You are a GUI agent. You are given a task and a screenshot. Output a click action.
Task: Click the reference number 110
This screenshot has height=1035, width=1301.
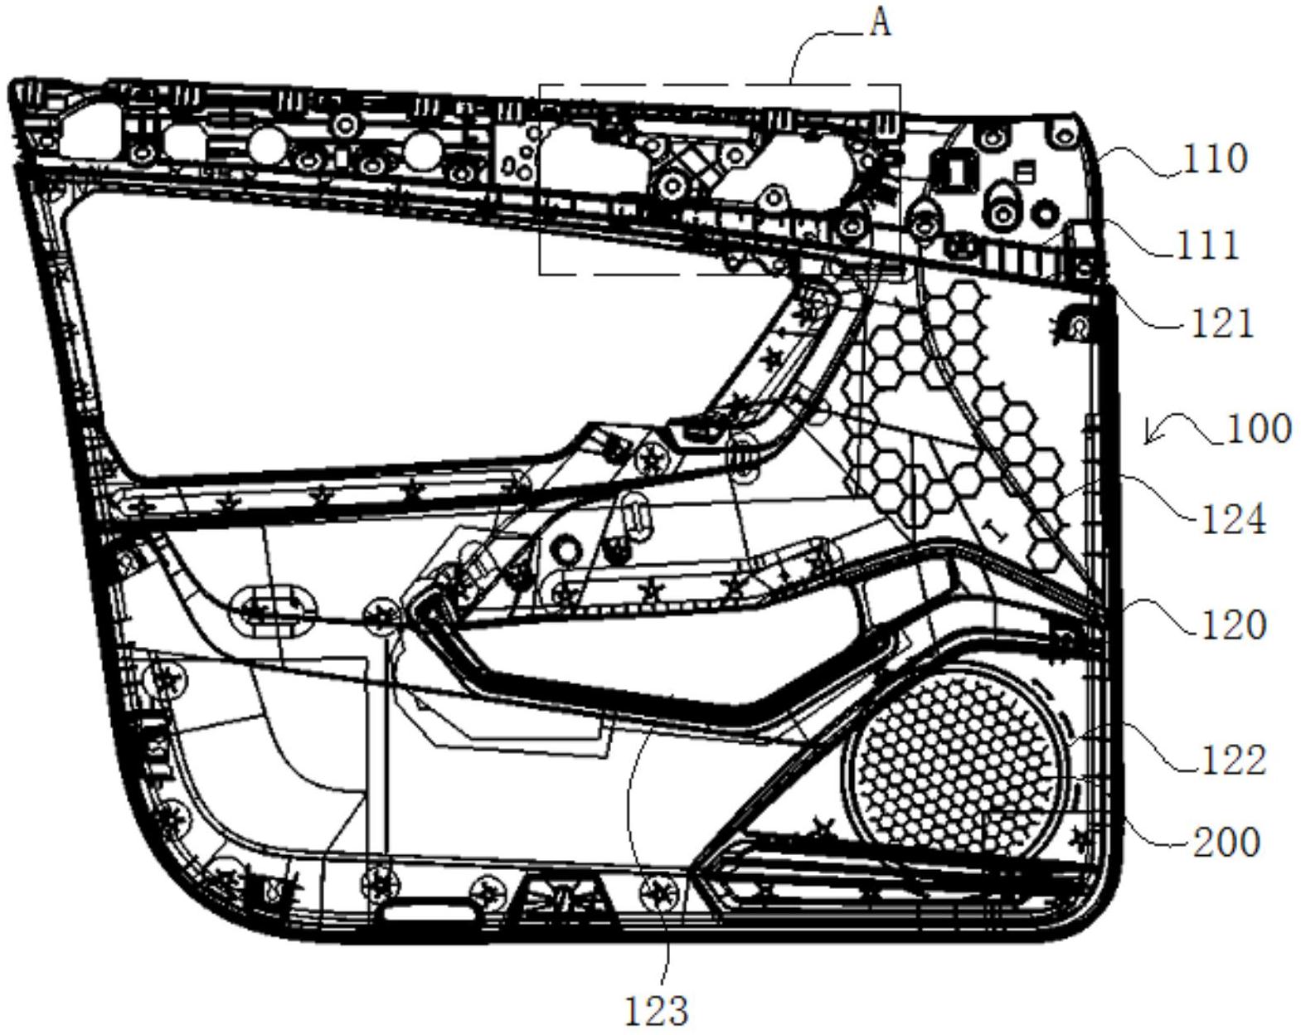click(1214, 158)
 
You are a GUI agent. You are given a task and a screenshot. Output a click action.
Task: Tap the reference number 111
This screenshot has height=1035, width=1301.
click(1208, 245)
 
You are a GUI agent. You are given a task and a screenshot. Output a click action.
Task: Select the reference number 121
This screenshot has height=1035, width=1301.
click(1221, 323)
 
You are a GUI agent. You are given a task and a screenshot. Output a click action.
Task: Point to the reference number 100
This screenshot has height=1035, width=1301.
click(1259, 429)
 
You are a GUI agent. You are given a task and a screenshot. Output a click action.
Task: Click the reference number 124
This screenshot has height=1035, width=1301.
click(1234, 520)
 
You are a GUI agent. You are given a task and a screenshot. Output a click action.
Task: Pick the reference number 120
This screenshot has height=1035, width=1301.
click(1234, 624)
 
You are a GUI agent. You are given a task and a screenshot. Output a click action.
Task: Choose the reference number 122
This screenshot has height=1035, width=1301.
click(1234, 759)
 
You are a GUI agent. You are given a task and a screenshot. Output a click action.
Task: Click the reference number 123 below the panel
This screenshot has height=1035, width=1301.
click(656, 1011)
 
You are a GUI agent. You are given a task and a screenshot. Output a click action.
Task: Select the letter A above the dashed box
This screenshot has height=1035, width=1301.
click(880, 22)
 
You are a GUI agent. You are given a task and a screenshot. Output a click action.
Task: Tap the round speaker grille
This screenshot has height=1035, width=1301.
click(958, 759)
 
